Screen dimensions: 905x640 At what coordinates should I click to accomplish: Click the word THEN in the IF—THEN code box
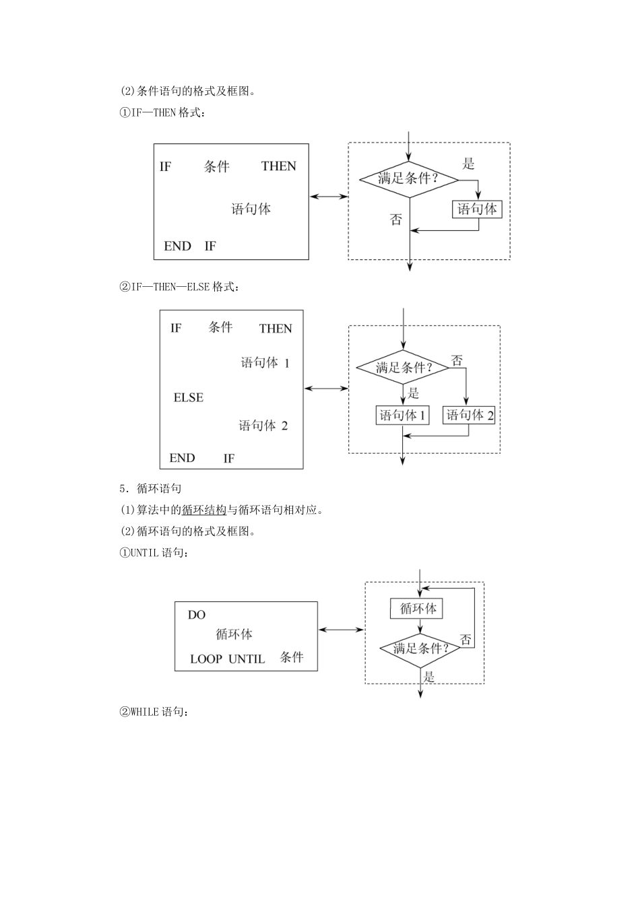(x=279, y=166)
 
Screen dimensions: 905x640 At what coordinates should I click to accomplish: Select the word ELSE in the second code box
(x=189, y=398)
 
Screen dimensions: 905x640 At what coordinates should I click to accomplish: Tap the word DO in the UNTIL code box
(x=197, y=615)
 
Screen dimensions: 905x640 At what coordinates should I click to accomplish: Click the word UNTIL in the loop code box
(x=247, y=659)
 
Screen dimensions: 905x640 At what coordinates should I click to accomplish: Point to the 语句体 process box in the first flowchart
(x=477, y=209)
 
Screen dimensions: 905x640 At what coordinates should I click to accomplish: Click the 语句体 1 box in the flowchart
(x=403, y=415)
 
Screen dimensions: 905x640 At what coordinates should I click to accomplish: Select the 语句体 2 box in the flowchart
(x=470, y=415)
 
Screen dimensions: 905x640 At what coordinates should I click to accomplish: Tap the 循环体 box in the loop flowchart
(x=418, y=609)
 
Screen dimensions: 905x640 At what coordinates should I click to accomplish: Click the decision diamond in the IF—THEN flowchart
(x=408, y=179)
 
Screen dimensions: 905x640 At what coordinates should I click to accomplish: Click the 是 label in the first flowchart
(x=468, y=163)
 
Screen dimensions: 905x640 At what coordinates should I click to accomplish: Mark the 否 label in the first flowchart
(x=396, y=220)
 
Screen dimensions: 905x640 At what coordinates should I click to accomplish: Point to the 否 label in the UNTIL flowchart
(x=466, y=640)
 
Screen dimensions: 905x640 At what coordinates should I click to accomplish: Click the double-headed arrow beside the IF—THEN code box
(x=329, y=197)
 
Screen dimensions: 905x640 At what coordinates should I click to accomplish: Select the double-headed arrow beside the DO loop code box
(x=341, y=630)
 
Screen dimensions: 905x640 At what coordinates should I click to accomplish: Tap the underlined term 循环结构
(x=204, y=510)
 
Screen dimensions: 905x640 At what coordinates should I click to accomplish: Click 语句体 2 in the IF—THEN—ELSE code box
(x=263, y=426)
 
